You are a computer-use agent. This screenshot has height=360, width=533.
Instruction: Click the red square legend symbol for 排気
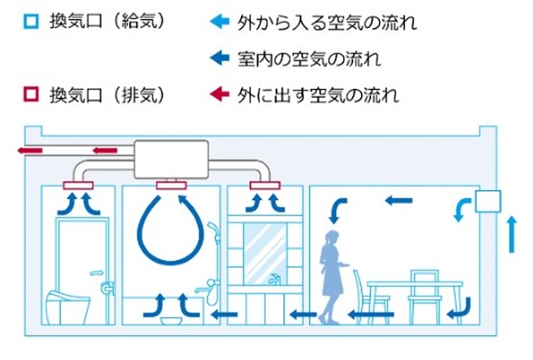tap(30, 94)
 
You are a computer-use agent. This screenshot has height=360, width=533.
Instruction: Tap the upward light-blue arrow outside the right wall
tap(512, 233)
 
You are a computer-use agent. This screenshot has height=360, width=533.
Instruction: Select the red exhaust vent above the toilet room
tap(81, 185)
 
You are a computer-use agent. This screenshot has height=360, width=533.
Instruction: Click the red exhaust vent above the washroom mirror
tap(266, 185)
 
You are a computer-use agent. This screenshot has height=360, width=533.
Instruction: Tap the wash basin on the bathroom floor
tap(172, 320)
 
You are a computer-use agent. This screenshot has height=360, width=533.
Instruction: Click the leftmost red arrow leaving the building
tap(30, 151)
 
